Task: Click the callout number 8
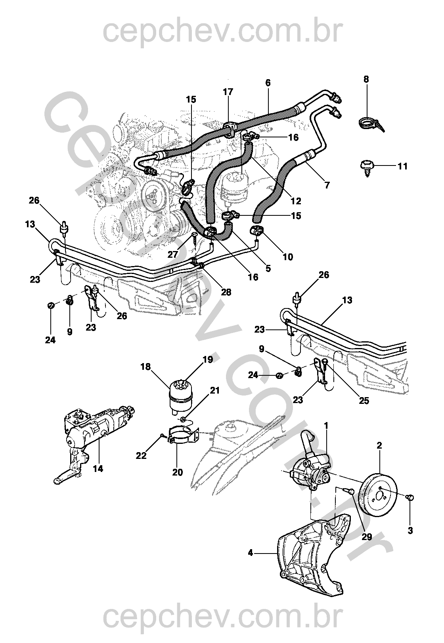[x=366, y=79]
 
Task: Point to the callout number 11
[x=402, y=166]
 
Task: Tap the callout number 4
[x=250, y=553]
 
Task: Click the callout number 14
[x=98, y=469]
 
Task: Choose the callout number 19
[x=208, y=360]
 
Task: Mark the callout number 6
[x=268, y=83]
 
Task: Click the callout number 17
[x=228, y=92]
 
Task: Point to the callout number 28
[x=226, y=292]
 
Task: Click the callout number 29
[x=367, y=537]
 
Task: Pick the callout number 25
[x=364, y=401]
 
